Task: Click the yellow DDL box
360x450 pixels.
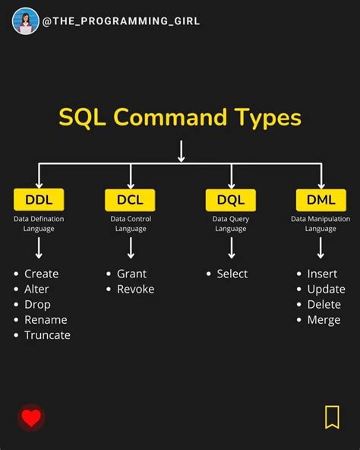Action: [39, 200]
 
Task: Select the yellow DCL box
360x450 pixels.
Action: [130, 200]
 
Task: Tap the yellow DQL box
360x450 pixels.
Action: [231, 200]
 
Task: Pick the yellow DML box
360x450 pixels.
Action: [321, 200]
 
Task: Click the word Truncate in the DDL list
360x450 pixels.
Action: [47, 335]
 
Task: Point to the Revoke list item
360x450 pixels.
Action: [135, 289]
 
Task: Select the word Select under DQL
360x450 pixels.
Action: [232, 274]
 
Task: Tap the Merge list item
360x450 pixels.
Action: [324, 320]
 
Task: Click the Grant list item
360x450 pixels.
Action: [131, 274]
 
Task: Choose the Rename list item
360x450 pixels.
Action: [46, 320]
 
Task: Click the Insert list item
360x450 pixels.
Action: [322, 274]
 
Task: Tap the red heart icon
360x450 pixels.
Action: [31, 417]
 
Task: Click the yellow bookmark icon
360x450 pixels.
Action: [332, 417]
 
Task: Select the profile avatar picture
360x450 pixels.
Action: [25, 21]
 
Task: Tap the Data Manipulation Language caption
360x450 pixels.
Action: [321, 223]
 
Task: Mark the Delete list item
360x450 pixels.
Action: [324, 304]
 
